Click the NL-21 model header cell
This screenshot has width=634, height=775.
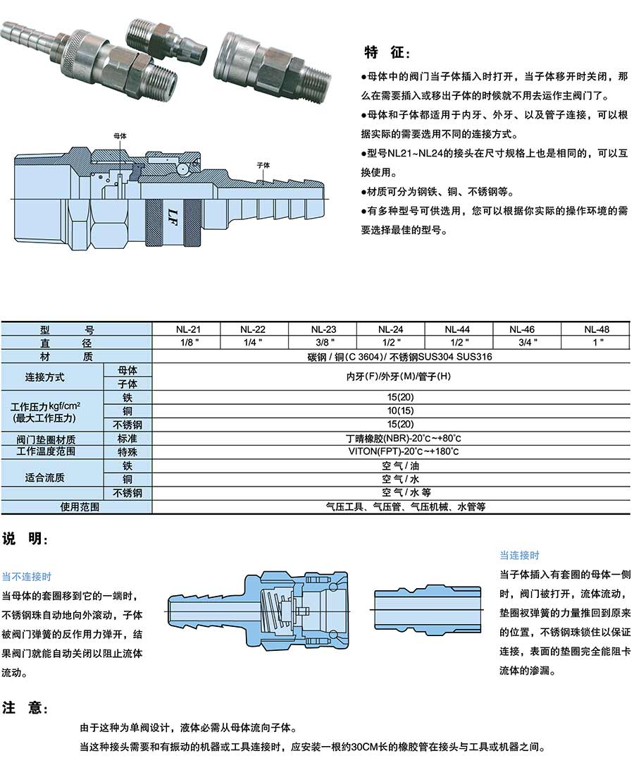tap(186, 329)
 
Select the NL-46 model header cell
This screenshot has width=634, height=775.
tap(526, 329)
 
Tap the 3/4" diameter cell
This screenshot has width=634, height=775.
tap(526, 342)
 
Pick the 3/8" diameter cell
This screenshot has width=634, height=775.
tap(322, 342)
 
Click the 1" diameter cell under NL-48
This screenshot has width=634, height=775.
tap(599, 342)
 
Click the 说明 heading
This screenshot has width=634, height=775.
tap(25, 539)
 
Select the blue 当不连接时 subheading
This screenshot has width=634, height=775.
tap(27, 575)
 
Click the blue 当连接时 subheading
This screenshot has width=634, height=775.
tap(519, 555)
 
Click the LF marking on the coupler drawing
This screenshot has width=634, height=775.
tap(172, 211)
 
